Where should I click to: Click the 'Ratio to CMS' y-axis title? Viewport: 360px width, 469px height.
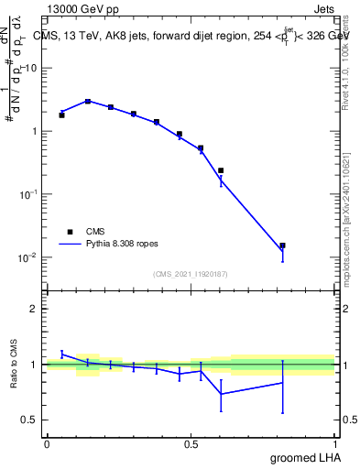14,365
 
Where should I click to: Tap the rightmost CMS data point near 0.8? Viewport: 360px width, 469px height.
283,245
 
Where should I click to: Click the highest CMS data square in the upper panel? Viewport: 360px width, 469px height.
88,102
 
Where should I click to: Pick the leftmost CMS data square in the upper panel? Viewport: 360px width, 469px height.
61,115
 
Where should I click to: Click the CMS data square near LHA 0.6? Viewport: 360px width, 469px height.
221,170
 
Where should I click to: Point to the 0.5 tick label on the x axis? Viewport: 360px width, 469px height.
191,444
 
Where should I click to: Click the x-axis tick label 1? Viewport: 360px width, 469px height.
335,444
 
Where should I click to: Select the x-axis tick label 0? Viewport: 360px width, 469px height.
47,444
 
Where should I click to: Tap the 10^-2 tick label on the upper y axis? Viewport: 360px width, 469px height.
30,257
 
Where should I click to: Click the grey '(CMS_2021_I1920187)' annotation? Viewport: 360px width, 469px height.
191,274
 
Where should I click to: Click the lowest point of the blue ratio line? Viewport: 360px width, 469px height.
221,394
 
